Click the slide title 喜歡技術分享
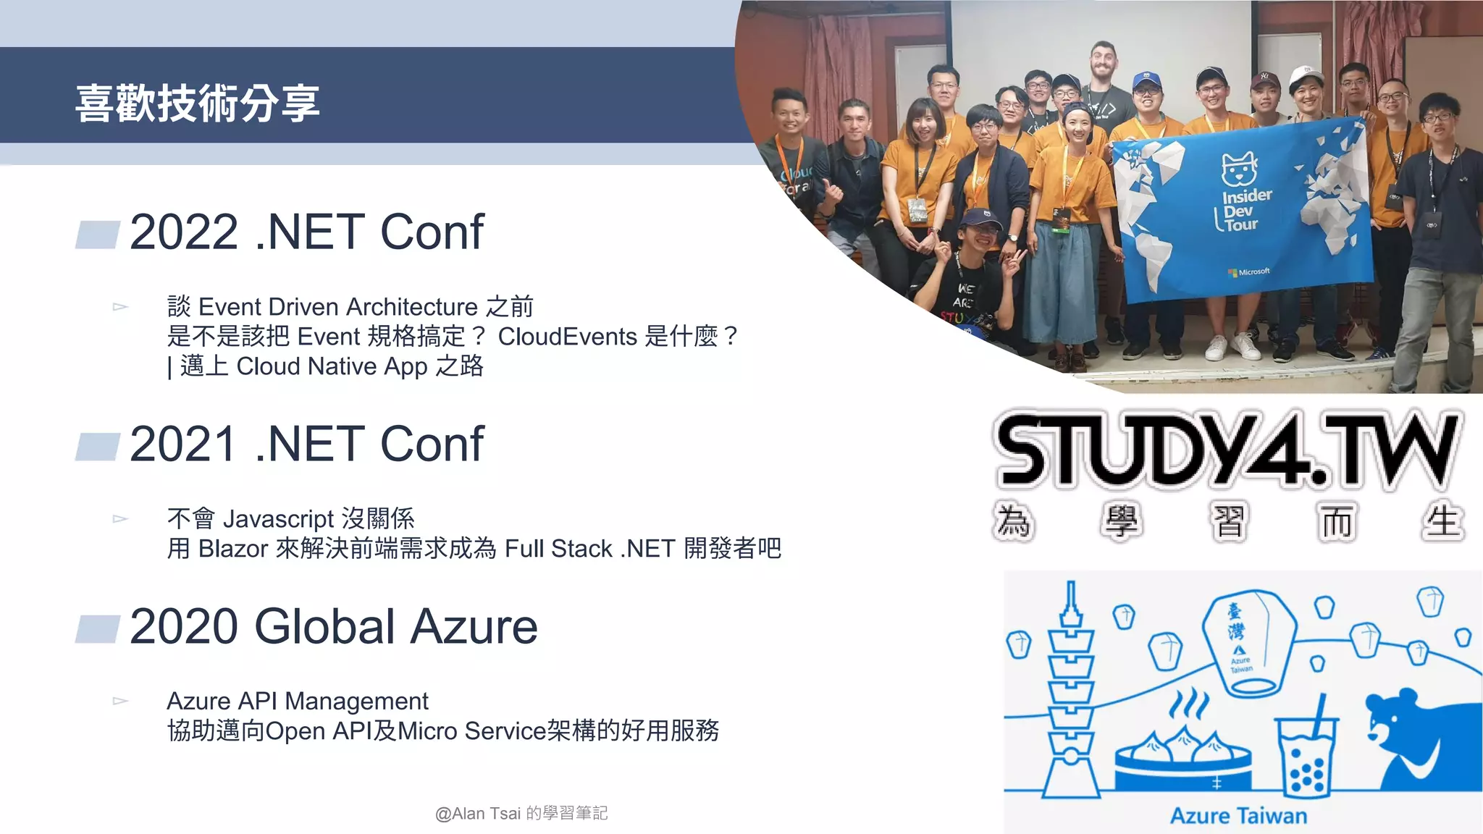[197, 103]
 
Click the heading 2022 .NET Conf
[306, 232]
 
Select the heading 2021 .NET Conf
[306, 444]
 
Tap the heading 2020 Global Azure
[333, 626]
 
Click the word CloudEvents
[567, 337]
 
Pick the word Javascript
[278, 519]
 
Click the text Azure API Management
[297, 701]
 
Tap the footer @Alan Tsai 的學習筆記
[521, 813]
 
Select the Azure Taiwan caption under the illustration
[1238, 816]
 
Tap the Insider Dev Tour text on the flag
[1244, 210]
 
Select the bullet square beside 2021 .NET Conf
[97, 447]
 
